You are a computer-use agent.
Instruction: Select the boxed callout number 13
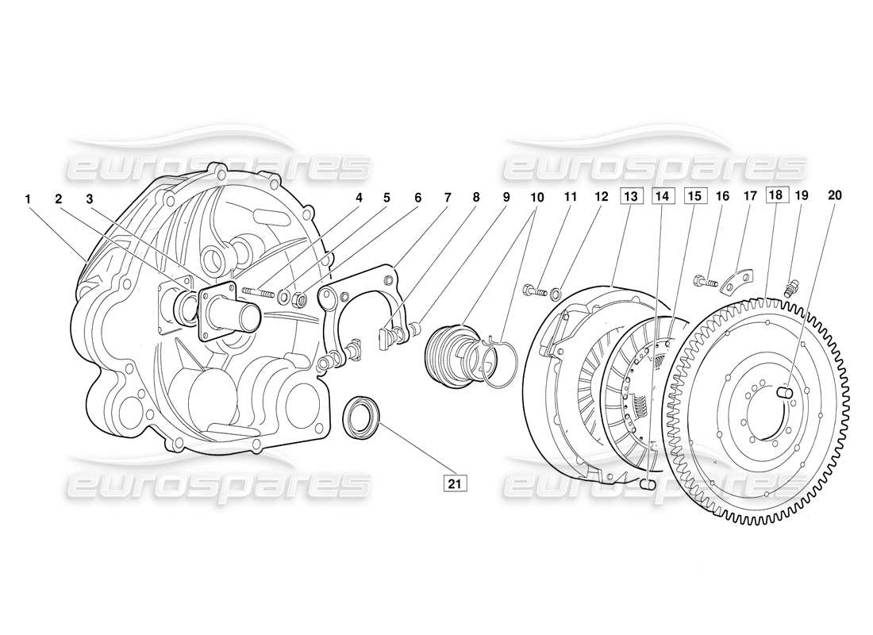[629, 195]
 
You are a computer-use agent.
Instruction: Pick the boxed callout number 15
[694, 195]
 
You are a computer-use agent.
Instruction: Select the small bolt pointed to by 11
[533, 291]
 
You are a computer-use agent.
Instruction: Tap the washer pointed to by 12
[556, 294]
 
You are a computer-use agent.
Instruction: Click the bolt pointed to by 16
[706, 280]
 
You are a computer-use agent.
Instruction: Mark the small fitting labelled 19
[790, 288]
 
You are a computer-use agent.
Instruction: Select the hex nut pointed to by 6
[301, 300]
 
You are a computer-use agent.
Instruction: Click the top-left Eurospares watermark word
[218, 167]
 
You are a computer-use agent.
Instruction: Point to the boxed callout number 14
[663, 195]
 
